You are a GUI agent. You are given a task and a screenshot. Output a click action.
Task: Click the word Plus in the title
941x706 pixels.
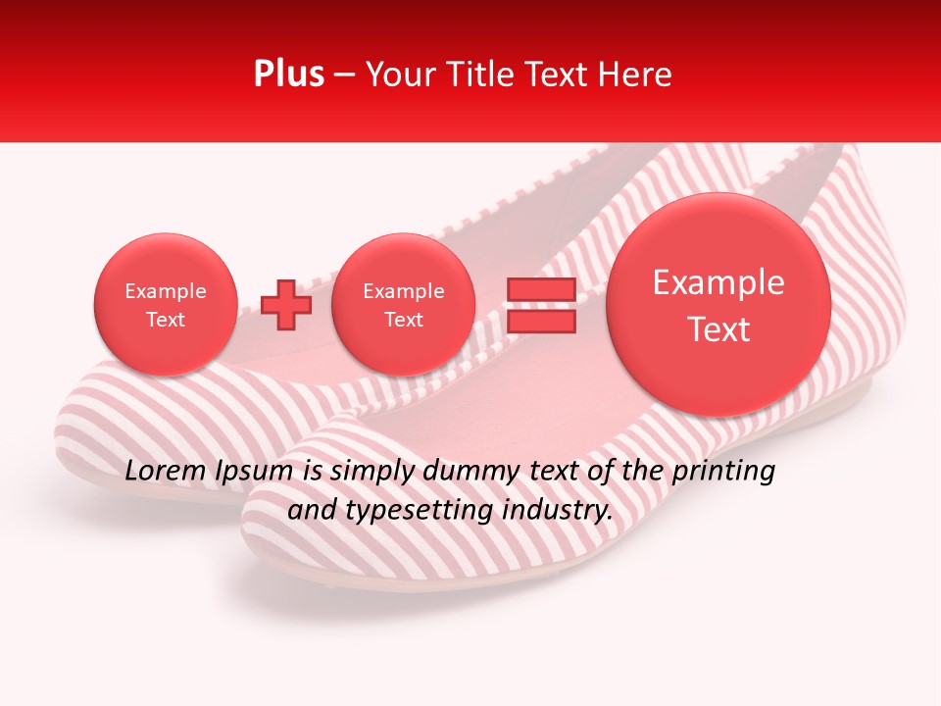tap(288, 75)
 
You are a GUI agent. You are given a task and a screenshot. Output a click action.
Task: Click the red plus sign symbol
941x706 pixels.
tap(286, 305)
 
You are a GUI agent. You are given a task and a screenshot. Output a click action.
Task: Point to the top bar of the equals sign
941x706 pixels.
tap(541, 290)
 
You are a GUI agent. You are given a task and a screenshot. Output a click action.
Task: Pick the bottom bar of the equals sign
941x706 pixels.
tap(541, 321)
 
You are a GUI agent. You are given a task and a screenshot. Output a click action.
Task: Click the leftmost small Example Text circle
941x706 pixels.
tap(166, 305)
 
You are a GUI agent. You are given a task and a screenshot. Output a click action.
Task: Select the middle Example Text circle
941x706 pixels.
tap(403, 305)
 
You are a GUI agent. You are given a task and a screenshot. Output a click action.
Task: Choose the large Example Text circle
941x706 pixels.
tap(718, 305)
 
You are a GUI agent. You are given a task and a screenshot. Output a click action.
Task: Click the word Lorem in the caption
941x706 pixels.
tap(166, 472)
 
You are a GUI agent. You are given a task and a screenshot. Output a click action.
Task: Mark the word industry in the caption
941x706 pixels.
tap(563, 510)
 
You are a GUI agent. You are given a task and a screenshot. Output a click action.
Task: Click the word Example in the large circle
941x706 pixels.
tap(718, 283)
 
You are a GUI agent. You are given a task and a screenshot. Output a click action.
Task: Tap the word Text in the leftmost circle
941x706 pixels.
tap(166, 320)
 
